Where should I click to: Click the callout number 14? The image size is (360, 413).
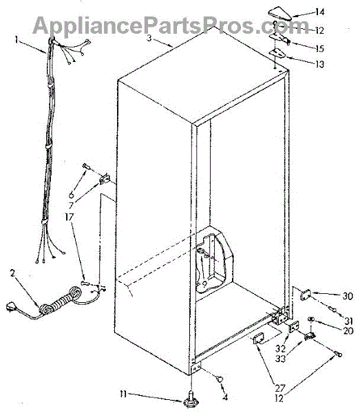pyautogui.click(x=319, y=12)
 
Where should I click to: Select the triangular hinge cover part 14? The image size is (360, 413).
pyautogui.click(x=280, y=14)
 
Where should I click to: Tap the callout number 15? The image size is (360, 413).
pyautogui.click(x=319, y=48)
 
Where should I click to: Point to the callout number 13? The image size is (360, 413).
pyautogui.click(x=319, y=64)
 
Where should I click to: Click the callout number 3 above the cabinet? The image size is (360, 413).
pyautogui.click(x=149, y=38)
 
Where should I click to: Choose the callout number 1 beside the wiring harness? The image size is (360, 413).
pyautogui.click(x=17, y=41)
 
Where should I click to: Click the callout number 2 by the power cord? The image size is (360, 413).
pyautogui.click(x=12, y=273)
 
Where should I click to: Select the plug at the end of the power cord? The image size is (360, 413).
pyautogui.click(x=10, y=308)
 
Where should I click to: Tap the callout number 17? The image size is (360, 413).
pyautogui.click(x=70, y=217)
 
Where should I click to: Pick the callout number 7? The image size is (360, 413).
pyautogui.click(x=71, y=205)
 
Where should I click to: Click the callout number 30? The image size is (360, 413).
pyautogui.click(x=348, y=296)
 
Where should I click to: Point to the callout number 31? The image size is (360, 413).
pyautogui.click(x=348, y=321)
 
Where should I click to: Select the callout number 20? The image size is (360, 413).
pyautogui.click(x=348, y=330)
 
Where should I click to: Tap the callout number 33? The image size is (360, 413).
pyautogui.click(x=280, y=359)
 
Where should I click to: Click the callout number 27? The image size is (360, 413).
pyautogui.click(x=280, y=388)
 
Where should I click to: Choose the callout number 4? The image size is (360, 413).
pyautogui.click(x=224, y=397)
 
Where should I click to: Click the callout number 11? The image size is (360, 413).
pyautogui.click(x=123, y=394)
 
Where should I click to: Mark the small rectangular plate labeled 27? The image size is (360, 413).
pyautogui.click(x=259, y=339)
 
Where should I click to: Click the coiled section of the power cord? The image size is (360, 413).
pyautogui.click(x=61, y=300)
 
